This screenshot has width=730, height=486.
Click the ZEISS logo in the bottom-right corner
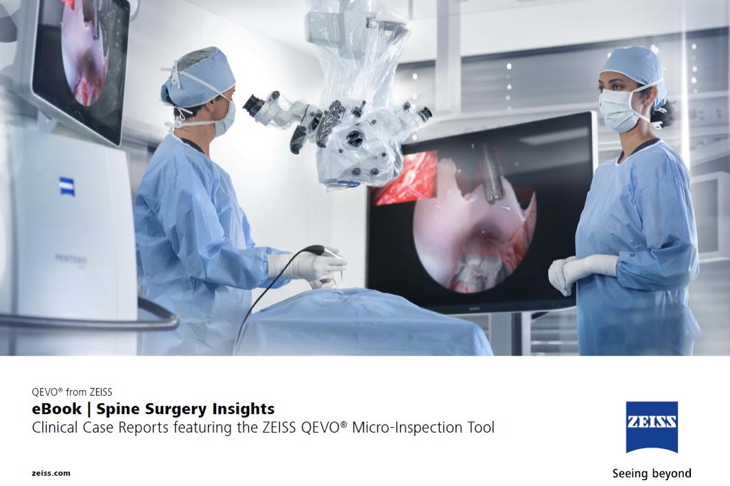tap(651, 427)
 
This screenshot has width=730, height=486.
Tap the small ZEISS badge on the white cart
tap(67, 186)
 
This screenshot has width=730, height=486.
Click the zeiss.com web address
tap(51, 473)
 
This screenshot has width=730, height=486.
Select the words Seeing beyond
tap(651, 474)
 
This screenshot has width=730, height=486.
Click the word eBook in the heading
tap(57, 409)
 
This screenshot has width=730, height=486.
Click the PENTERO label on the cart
tap(71, 260)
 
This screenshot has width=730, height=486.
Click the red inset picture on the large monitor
tap(406, 178)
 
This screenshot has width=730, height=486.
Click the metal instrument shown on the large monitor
tap(491, 174)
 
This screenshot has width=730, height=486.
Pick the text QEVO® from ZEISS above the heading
tap(71, 391)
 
